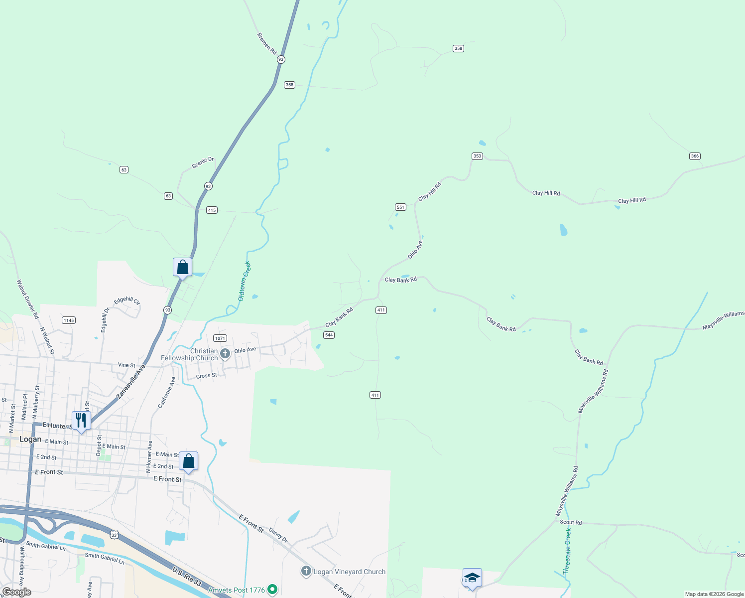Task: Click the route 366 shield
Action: pos(695,156)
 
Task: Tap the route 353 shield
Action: pos(477,156)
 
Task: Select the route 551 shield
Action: pos(400,207)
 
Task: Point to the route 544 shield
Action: pos(329,335)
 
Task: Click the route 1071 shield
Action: pos(220,338)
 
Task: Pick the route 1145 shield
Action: pos(69,320)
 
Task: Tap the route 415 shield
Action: pos(212,210)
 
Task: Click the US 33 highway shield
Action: pos(114,535)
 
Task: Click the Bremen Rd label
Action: pos(267,43)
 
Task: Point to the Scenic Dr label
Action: pos(203,162)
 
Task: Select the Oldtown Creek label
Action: pos(245,281)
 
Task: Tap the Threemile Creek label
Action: pos(568,551)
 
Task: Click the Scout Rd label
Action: pos(571,522)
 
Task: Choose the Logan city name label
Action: pos(30,440)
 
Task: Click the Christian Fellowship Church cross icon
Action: pos(225,354)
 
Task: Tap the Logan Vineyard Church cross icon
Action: pos(306,572)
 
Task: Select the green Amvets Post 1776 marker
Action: pos(272,590)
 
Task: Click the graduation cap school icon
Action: pos(472,578)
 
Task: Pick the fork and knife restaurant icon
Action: pos(81,420)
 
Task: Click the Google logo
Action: pos(16,592)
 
